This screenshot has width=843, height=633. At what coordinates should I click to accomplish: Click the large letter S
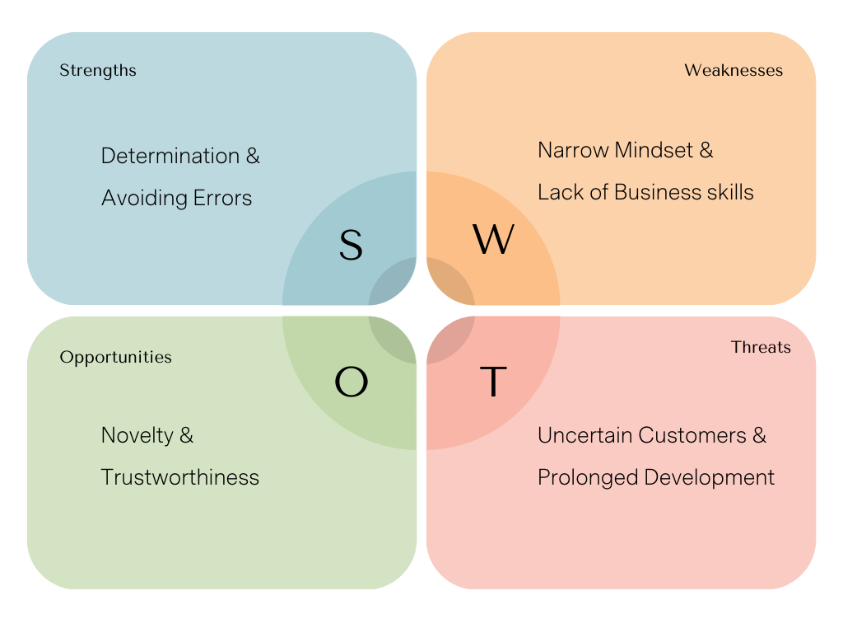(x=351, y=245)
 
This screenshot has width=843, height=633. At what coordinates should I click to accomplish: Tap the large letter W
(x=493, y=240)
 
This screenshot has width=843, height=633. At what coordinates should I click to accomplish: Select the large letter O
(x=351, y=382)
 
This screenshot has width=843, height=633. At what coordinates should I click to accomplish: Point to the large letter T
(x=492, y=382)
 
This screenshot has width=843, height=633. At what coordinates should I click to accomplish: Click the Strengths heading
(x=98, y=70)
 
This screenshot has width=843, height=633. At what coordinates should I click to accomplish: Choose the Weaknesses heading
(x=734, y=70)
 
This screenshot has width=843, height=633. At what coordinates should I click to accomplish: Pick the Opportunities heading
(x=116, y=357)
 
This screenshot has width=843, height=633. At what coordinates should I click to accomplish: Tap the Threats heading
(x=761, y=347)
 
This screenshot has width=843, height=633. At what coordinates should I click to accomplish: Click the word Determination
(x=170, y=156)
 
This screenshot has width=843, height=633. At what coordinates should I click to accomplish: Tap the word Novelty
(x=137, y=435)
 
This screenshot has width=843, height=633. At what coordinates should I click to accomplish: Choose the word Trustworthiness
(x=180, y=477)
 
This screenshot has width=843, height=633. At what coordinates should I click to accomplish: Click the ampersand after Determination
(x=253, y=156)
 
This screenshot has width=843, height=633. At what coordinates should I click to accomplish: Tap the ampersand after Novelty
(x=186, y=435)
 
